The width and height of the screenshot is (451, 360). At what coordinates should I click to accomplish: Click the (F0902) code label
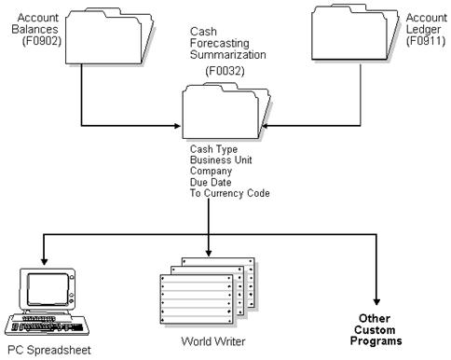(23, 42)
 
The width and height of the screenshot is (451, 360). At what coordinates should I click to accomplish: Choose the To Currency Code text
(231, 193)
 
